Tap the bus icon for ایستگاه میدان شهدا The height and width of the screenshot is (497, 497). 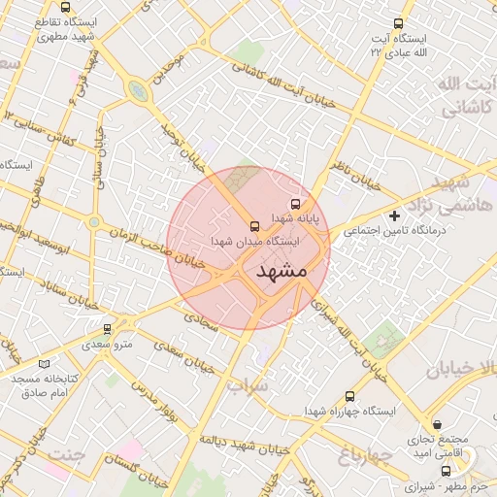pyautogui.click(x=255, y=223)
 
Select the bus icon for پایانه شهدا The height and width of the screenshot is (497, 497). pyautogui.click(x=294, y=204)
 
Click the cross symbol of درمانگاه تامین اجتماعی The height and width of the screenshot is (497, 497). pyautogui.click(x=394, y=215)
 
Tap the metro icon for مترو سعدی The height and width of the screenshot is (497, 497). pyautogui.click(x=107, y=328)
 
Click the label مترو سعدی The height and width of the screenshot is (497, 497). pyautogui.click(x=108, y=345)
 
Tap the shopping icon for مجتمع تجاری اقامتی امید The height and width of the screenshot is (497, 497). pyautogui.click(x=438, y=423)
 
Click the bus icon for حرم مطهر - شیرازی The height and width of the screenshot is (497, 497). pyautogui.click(x=446, y=470)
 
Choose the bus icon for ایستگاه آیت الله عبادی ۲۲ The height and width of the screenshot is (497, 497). pyautogui.click(x=397, y=23)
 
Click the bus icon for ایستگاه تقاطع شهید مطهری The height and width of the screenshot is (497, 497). pyautogui.click(x=65, y=7)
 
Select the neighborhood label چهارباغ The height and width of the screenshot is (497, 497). pyautogui.click(x=365, y=454)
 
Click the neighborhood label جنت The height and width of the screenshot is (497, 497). pyautogui.click(x=66, y=454)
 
